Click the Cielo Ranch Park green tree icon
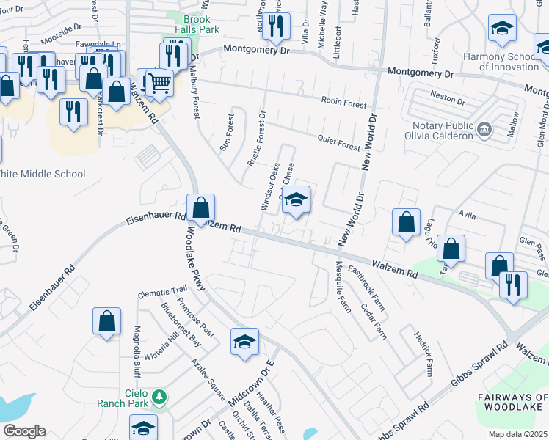point(159,398)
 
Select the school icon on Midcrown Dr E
point(245,341)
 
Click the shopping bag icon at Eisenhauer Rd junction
point(200,208)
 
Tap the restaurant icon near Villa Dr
point(276,26)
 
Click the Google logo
point(24,430)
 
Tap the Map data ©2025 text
point(517,434)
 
